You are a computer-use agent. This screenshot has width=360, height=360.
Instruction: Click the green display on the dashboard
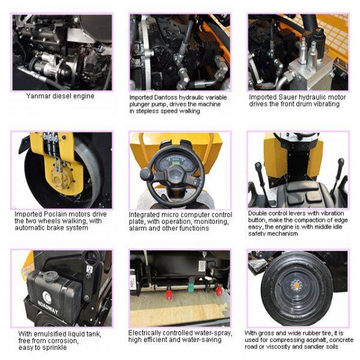(176, 163)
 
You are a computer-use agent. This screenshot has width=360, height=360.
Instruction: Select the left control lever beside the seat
(262, 181)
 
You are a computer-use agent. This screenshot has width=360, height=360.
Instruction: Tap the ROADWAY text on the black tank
(47, 307)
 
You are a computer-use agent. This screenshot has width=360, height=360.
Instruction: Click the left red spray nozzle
(169, 294)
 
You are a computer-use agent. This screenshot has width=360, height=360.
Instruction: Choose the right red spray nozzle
(218, 291)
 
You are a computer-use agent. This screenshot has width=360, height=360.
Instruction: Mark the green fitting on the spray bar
(191, 287)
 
